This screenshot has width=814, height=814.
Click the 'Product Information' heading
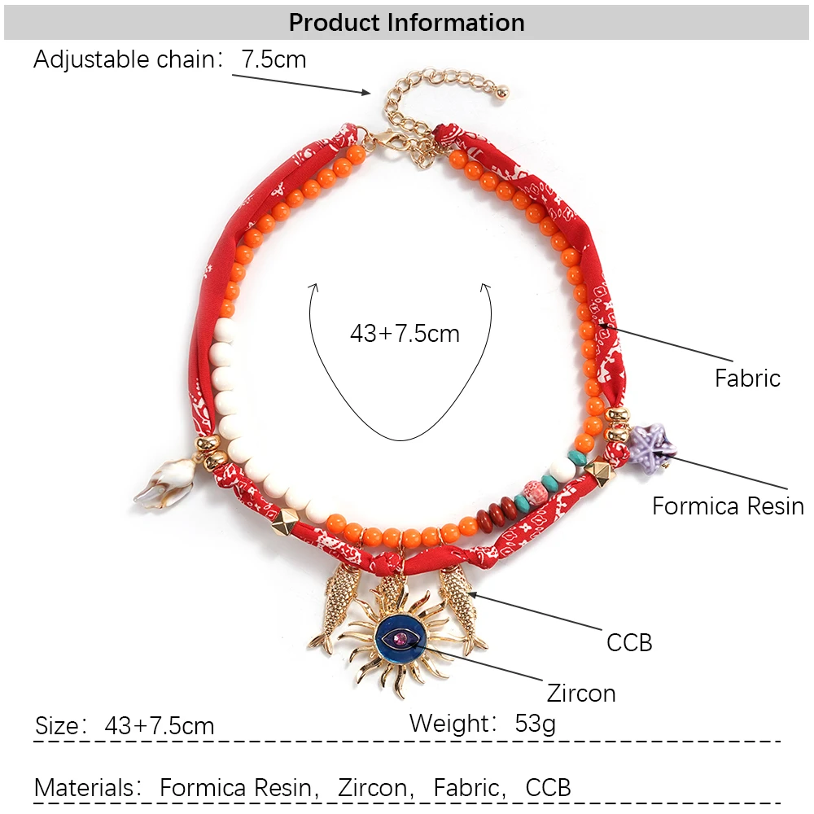tap(406, 22)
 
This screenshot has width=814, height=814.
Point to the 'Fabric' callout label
tap(747, 378)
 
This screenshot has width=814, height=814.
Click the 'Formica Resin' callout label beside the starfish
tap(728, 506)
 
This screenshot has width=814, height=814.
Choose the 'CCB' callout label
tap(629, 642)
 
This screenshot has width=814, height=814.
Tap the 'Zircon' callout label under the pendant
tap(581, 694)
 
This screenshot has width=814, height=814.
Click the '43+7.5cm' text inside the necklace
tap(405, 334)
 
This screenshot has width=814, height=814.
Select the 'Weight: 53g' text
tap(483, 723)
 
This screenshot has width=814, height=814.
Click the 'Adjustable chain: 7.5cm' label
tap(170, 59)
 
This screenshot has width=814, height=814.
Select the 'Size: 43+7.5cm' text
tap(125, 725)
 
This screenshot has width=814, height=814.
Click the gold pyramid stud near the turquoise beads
tap(601, 473)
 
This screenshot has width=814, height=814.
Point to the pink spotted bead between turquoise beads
tap(539, 494)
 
